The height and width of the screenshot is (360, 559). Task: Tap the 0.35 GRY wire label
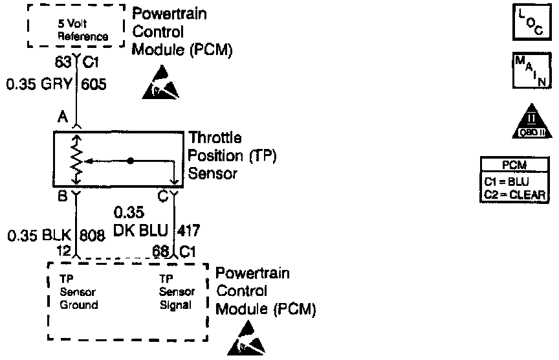[39, 84]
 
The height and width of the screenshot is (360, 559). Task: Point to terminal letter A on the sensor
[63, 117]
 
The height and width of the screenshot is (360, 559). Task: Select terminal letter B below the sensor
[63, 194]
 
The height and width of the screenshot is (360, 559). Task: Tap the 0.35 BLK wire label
[39, 236]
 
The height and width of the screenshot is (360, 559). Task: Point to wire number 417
[188, 229]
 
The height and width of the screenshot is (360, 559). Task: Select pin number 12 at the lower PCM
[63, 251]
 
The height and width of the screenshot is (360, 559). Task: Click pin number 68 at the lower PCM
[162, 251]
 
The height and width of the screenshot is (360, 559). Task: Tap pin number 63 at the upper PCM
[63, 62]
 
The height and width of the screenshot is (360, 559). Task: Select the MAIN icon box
[530, 70]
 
